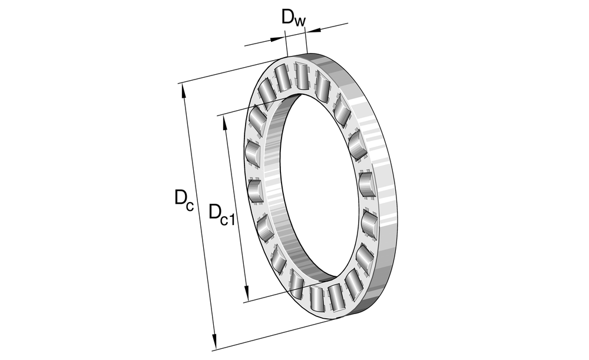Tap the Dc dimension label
(184, 199)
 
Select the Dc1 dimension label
(221, 215)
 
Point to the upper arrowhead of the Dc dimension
(183, 91)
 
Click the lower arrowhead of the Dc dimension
(214, 341)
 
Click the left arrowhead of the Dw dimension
(277, 38)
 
